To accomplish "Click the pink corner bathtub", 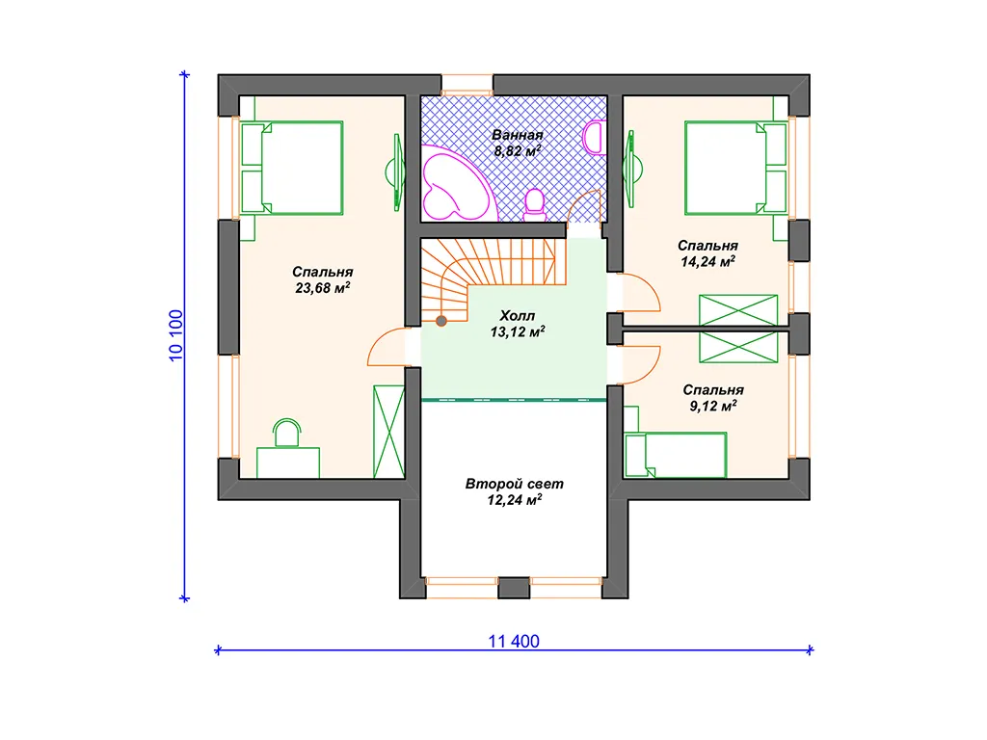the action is pos(457,184).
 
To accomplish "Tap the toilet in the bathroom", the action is pos(535,205).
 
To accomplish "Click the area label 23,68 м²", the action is pos(322,288).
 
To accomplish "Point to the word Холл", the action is pos(517,315).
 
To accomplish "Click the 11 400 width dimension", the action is pos(514,641).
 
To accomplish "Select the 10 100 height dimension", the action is pos(175,335).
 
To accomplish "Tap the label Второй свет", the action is pos(515,484).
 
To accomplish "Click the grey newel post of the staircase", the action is pos(441,321).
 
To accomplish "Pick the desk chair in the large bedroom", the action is pos(287,433).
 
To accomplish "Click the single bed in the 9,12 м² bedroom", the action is pos(676,455).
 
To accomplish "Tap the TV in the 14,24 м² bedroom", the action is pos(631,169).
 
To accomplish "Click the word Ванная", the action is pos(518,135).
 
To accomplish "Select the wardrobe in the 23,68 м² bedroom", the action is pos(388,431).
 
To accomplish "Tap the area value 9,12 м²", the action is pos(713,406).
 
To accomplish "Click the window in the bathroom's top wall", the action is pos(467,85).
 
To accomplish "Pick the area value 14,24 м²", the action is pos(708,262).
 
